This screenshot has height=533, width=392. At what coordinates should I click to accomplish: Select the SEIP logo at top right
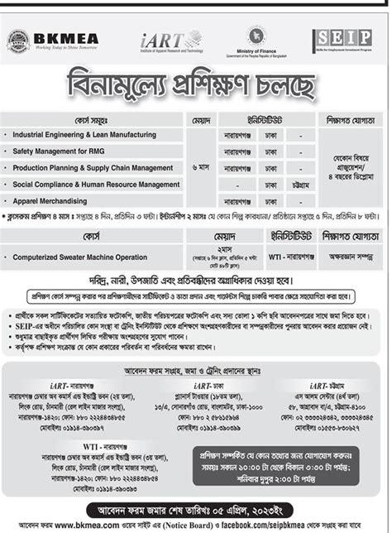342,38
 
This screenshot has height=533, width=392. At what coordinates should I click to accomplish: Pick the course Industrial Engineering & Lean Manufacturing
84,134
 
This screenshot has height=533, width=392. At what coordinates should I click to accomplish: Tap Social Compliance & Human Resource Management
95,185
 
